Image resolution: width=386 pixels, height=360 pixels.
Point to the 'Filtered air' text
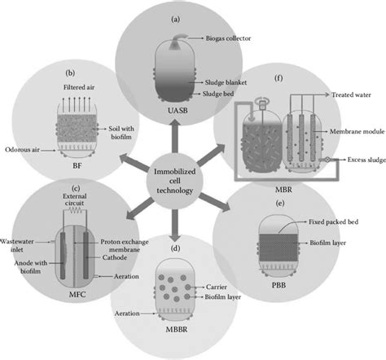click(81, 86)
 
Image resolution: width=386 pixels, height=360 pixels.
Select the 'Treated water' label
click(352, 94)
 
